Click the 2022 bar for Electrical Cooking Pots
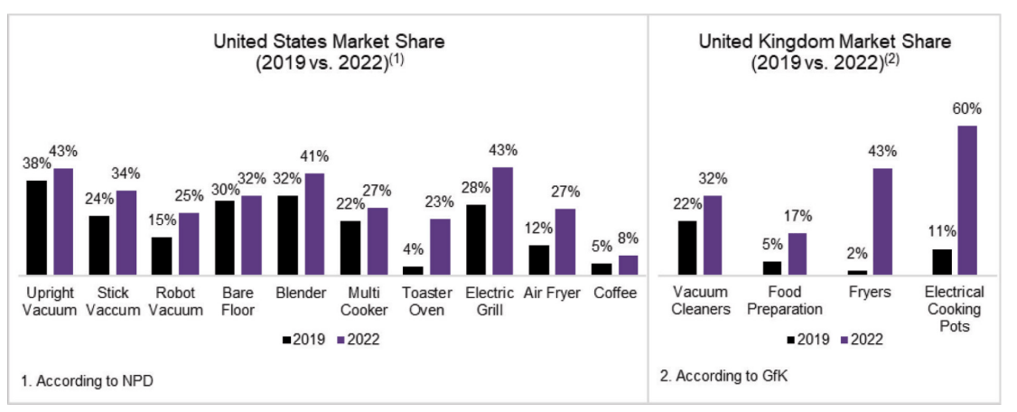[967, 200]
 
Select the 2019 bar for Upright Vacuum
[36, 228]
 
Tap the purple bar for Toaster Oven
[440, 247]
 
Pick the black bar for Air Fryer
[538, 260]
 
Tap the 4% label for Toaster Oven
[413, 249]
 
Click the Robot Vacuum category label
[176, 302]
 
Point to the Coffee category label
[615, 294]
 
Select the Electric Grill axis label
[490, 302]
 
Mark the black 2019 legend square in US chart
[287, 340]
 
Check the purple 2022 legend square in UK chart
[844, 339]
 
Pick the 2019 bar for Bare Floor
[224, 239]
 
